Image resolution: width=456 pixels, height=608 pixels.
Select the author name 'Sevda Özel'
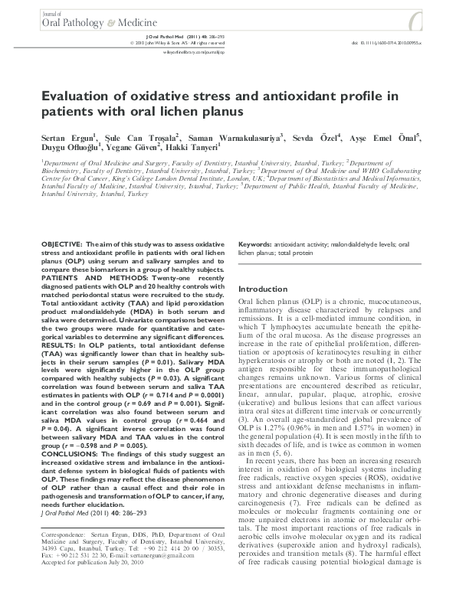click(x=318, y=138)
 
